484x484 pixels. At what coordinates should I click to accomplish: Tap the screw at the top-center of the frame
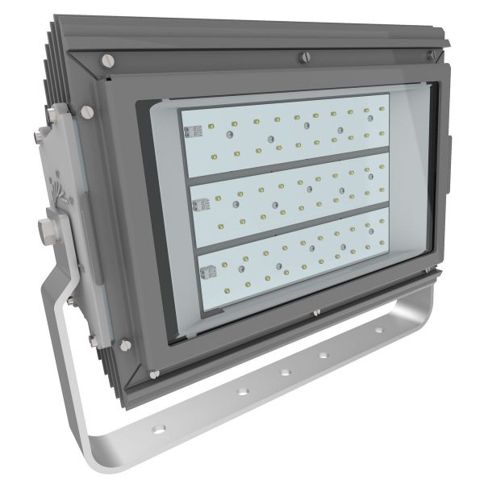(x=304, y=56)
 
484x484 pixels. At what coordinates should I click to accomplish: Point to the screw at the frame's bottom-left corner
(x=124, y=344)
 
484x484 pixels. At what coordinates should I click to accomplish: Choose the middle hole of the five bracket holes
(x=323, y=355)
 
